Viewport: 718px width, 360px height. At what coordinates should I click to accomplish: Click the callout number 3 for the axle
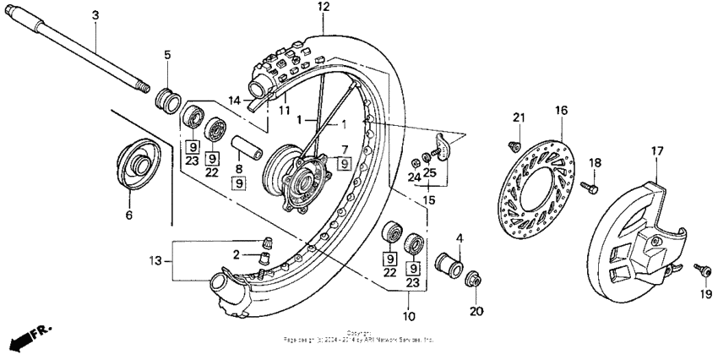point(95,16)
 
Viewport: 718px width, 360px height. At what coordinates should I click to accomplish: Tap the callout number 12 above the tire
point(323,7)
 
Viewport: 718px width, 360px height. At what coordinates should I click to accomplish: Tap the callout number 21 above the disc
point(519,117)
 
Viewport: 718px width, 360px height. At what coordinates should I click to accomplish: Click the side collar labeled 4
point(449,265)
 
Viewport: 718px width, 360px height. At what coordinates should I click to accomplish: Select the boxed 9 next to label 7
point(344,164)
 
